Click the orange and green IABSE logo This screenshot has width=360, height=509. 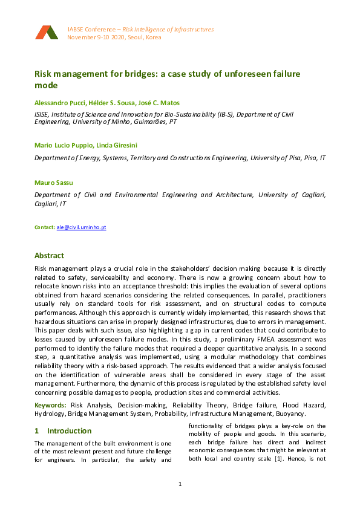47,33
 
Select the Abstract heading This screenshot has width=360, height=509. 49,256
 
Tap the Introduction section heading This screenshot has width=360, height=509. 69,431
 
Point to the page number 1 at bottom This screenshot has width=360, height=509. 180,484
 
